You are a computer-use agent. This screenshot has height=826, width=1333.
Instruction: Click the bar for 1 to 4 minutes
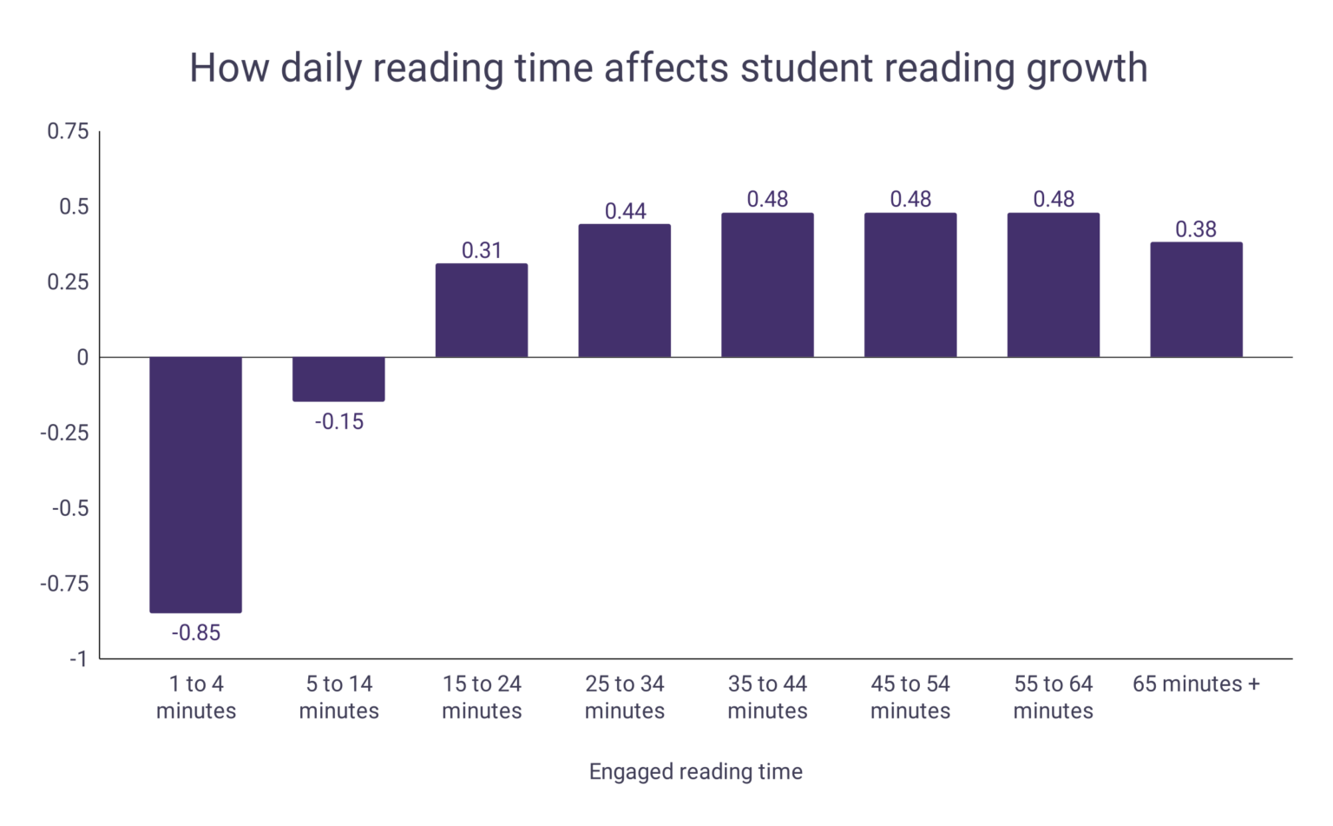point(195,485)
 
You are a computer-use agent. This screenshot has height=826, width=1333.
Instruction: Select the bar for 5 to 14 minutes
point(338,379)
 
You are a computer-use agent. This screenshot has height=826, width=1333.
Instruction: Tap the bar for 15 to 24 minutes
point(482,310)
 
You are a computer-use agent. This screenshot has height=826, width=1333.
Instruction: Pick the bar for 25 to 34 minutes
point(625,290)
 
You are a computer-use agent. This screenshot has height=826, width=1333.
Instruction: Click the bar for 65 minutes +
point(1196,300)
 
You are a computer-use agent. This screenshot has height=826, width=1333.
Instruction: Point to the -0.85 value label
point(195,633)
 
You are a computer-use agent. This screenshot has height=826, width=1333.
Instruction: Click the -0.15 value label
point(338,422)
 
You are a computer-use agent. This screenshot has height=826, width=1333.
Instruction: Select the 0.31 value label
point(482,251)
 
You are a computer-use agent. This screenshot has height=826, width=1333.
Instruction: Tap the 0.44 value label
point(625,212)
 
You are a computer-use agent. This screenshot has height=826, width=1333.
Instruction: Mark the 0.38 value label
point(1196,229)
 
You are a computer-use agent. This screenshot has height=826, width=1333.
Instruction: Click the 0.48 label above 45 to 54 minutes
point(910,200)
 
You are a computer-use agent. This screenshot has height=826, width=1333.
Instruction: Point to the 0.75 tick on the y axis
point(68,131)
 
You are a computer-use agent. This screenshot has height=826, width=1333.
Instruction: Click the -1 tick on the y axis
point(78,659)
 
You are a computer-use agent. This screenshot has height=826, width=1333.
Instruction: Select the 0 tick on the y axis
point(82,358)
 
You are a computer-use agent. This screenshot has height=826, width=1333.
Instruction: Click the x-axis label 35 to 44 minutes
point(767,697)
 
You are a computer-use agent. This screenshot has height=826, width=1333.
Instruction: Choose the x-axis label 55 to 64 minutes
point(1053,697)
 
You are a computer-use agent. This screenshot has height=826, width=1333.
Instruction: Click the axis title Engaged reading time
point(695,772)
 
